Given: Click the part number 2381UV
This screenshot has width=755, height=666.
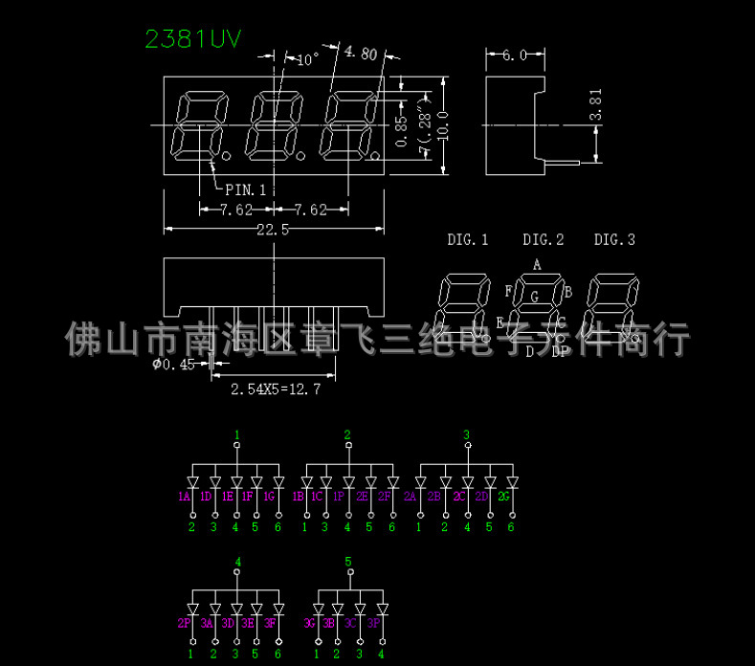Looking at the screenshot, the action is tap(192, 38).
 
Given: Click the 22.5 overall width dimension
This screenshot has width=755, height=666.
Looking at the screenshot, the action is tap(273, 230).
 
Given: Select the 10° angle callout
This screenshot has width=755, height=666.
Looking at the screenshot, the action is tap(307, 59).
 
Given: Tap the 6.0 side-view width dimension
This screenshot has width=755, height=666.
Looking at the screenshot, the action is tap(515, 55).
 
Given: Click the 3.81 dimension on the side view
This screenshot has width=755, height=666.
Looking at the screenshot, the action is tap(596, 104).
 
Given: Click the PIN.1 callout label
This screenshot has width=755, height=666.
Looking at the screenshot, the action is tap(245, 189).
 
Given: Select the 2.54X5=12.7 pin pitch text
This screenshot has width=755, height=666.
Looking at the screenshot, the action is tap(276, 389).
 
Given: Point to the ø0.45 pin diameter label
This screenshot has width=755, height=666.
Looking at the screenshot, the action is tap(173, 365).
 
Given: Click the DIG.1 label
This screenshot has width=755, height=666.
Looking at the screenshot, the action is tap(467, 239).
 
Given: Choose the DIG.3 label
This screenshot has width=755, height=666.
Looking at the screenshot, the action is tap(614, 239).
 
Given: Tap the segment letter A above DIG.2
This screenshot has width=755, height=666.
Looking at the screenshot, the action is tap(537, 264).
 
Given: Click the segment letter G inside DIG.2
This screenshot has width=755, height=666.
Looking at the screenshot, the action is tap(535, 297).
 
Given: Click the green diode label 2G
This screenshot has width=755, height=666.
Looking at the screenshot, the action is tap(504, 497).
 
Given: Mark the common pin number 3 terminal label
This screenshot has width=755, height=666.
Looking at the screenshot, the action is tap(466, 435).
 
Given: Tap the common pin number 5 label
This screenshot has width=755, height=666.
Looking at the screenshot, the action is tap(348, 561).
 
